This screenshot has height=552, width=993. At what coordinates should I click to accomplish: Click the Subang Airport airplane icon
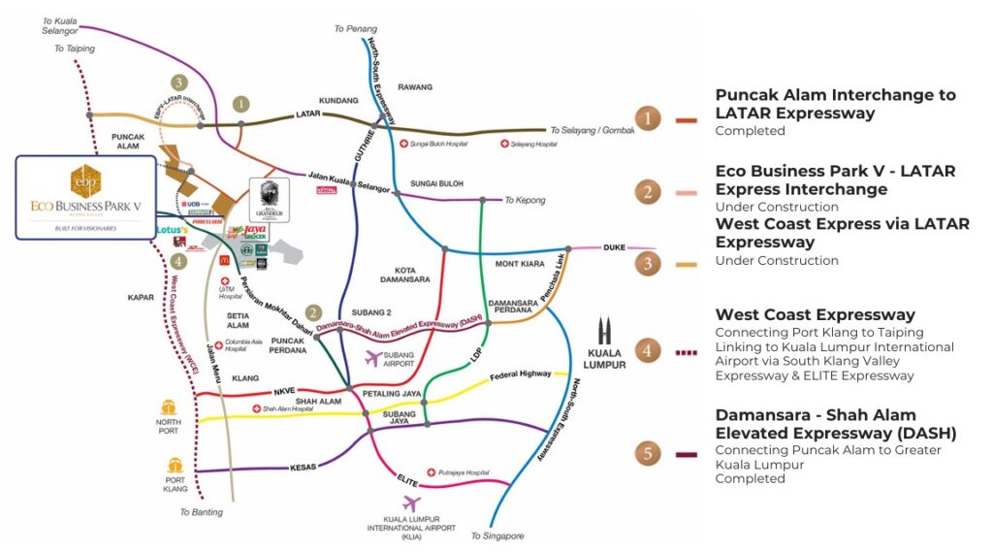coord(370,359)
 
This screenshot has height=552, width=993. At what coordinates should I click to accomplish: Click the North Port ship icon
coord(168,408)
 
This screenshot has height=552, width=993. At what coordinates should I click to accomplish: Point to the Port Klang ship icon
coord(176,467)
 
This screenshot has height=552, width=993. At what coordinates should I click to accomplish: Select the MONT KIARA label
coord(522,263)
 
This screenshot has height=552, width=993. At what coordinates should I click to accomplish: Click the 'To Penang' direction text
coord(354,29)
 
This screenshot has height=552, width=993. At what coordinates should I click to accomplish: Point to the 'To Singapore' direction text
coord(496,536)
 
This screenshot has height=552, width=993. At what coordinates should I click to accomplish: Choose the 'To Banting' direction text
coord(202,512)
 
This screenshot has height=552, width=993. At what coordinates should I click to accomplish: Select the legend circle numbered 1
coord(649,119)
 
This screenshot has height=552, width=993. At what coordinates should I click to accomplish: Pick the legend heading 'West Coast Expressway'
coord(815,315)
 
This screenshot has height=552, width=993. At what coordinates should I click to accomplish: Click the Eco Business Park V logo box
coord(85,197)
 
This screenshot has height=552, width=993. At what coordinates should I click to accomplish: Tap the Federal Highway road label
coord(520,374)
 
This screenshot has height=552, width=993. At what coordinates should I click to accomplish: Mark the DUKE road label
coord(615,247)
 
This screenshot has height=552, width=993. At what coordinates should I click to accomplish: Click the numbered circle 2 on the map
coord(312,312)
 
